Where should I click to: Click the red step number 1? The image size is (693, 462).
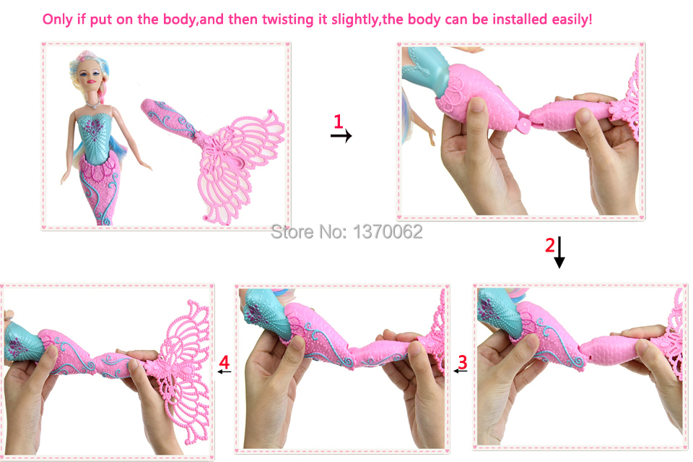339,121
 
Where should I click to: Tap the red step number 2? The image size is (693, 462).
550,244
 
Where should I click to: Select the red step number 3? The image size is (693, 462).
462,362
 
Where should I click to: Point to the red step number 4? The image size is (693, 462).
225,362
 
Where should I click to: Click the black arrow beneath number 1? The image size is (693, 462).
341,135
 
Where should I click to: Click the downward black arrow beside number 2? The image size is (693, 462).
559,252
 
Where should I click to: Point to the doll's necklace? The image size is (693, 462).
93,104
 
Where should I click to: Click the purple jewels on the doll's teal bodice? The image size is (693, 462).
94,129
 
